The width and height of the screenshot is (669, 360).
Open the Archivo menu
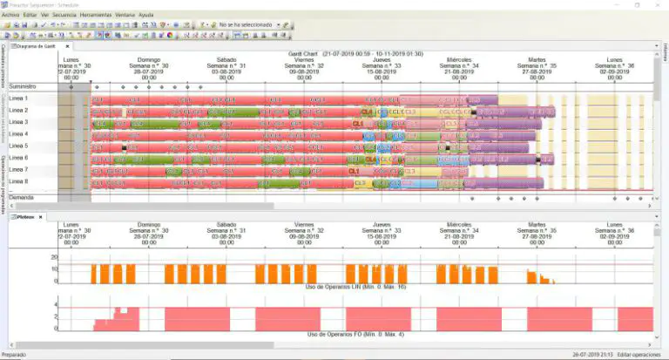(10, 16)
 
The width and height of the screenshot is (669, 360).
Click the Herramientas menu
(96, 16)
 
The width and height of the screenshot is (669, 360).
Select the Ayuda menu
(146, 16)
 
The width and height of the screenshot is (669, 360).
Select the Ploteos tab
(25, 215)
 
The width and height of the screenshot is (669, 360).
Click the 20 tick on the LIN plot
(54, 257)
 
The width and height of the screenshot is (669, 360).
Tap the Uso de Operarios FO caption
(356, 334)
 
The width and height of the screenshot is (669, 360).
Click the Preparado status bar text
(14, 355)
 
